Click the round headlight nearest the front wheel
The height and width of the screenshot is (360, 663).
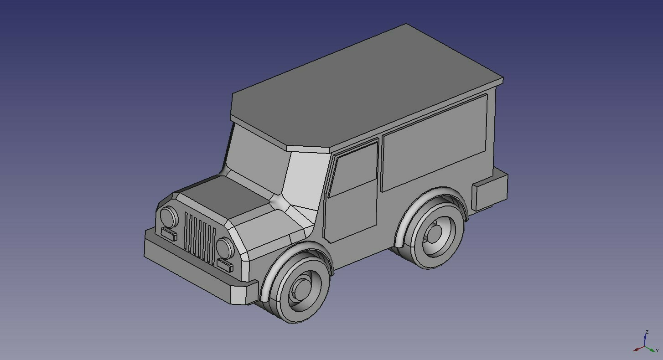[224, 248]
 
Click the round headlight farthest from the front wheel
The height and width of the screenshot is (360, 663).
[168, 217]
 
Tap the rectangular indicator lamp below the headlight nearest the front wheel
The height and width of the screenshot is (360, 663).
[225, 265]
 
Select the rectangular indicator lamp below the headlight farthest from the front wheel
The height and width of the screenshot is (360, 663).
[169, 234]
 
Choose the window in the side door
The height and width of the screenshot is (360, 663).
[355, 168]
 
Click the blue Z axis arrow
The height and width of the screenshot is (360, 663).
[646, 338]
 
